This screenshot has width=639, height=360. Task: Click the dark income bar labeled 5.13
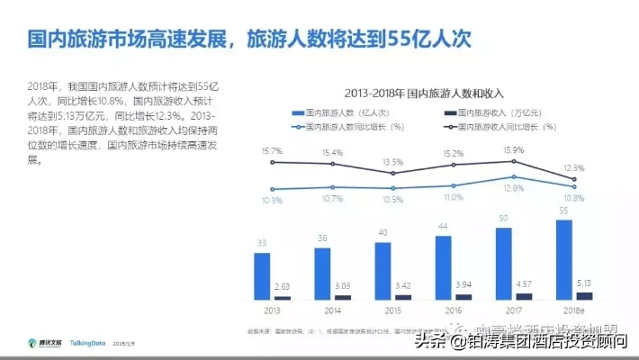584,295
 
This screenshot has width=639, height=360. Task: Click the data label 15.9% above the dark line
514,150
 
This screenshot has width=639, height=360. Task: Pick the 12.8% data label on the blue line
514,188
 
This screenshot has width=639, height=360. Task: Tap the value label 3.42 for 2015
403,284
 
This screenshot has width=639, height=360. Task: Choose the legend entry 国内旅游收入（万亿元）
493,113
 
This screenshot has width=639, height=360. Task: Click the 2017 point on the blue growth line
514,177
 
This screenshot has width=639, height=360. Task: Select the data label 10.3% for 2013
271,200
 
